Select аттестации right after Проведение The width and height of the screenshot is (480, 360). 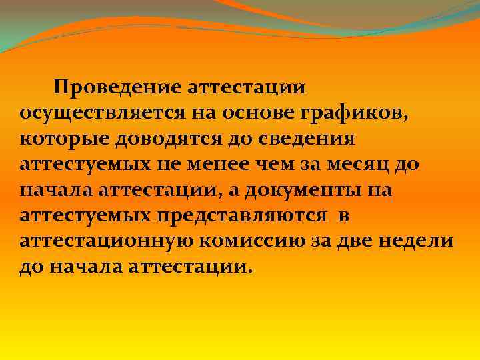tap(249, 88)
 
